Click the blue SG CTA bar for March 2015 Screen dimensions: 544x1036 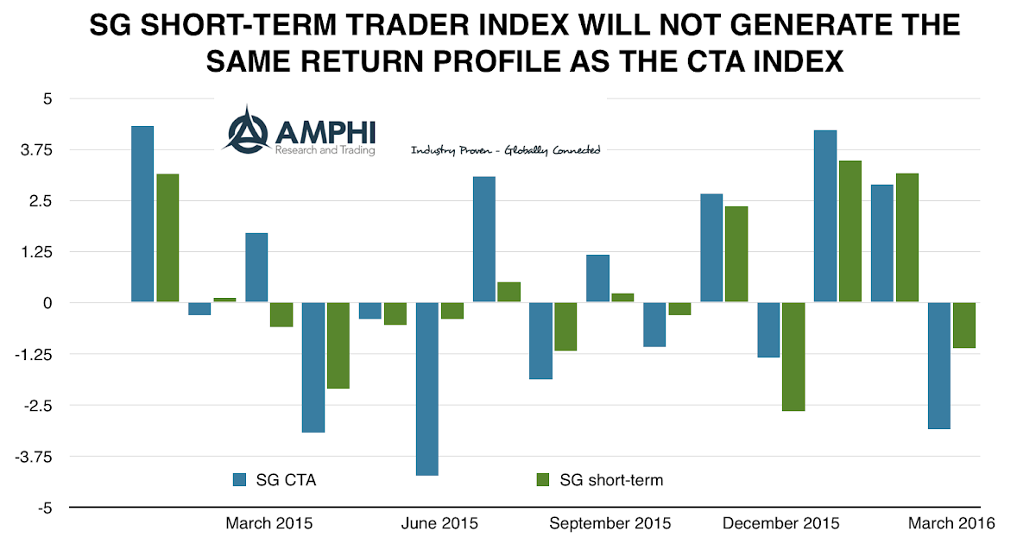coord(256,268)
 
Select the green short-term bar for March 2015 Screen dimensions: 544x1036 coord(281,314)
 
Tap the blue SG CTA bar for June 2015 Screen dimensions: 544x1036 coord(427,389)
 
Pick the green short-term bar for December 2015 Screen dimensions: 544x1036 coord(793,357)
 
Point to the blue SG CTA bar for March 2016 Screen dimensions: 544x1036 coord(938,365)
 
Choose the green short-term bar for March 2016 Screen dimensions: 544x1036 coord(963,326)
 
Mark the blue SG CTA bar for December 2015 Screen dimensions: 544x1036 coord(768,330)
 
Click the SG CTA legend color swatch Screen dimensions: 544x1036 coord(240,479)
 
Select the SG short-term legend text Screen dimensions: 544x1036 coord(611,479)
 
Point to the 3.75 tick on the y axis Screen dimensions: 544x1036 coord(35,149)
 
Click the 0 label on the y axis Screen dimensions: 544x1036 coord(47,303)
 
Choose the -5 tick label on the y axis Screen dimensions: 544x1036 coord(43,508)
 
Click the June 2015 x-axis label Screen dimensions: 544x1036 coord(440,523)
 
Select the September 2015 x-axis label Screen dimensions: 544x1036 coord(610,523)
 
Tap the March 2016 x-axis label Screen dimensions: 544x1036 coord(951,523)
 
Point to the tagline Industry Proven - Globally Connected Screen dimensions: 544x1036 coord(505,150)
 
